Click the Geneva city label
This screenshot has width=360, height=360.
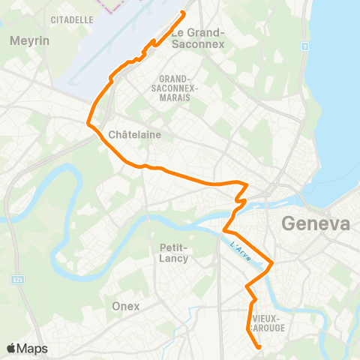pyautogui.click(x=315, y=223)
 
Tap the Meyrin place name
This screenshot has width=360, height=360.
pyautogui.click(x=29, y=40)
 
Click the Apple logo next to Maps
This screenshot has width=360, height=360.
pyautogui.click(x=12, y=349)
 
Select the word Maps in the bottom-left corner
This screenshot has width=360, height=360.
pyautogui.click(x=33, y=349)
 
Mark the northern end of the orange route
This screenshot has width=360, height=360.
pyautogui.click(x=184, y=13)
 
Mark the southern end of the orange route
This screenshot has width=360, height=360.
pyautogui.click(x=259, y=347)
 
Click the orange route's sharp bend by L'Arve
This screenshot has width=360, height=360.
pyautogui.click(x=271, y=263)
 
